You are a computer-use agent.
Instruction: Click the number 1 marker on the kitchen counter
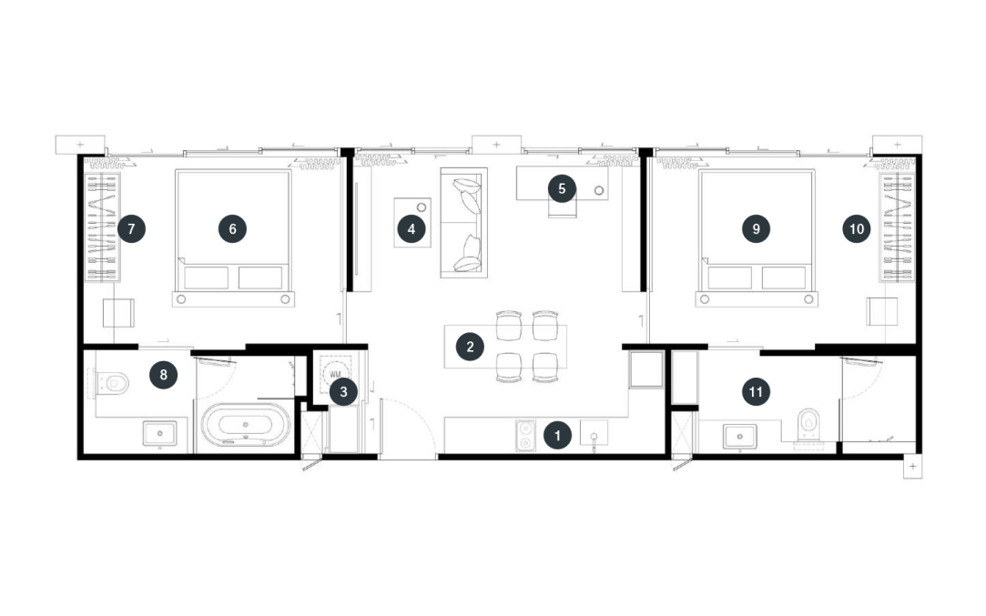click(x=557, y=435)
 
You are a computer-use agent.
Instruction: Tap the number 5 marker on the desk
click(x=562, y=188)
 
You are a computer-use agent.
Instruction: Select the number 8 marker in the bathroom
click(x=164, y=375)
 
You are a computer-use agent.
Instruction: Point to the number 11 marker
click(x=756, y=392)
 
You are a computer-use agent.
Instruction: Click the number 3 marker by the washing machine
click(x=343, y=391)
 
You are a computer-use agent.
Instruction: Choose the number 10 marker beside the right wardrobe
click(x=857, y=228)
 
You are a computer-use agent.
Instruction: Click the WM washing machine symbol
click(x=335, y=374)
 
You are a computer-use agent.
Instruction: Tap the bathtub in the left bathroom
click(x=246, y=425)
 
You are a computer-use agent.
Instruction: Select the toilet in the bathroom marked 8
click(x=112, y=382)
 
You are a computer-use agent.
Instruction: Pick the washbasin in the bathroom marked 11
click(x=740, y=436)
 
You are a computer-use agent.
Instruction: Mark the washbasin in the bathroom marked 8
click(x=159, y=434)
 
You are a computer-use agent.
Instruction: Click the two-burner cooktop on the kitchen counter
click(x=525, y=436)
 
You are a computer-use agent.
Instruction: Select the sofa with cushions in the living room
click(x=464, y=223)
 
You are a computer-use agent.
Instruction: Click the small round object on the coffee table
click(x=422, y=207)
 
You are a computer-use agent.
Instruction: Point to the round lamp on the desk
click(x=599, y=190)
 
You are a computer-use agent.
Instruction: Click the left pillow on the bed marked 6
click(x=207, y=278)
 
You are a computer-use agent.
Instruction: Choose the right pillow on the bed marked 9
click(x=784, y=278)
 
